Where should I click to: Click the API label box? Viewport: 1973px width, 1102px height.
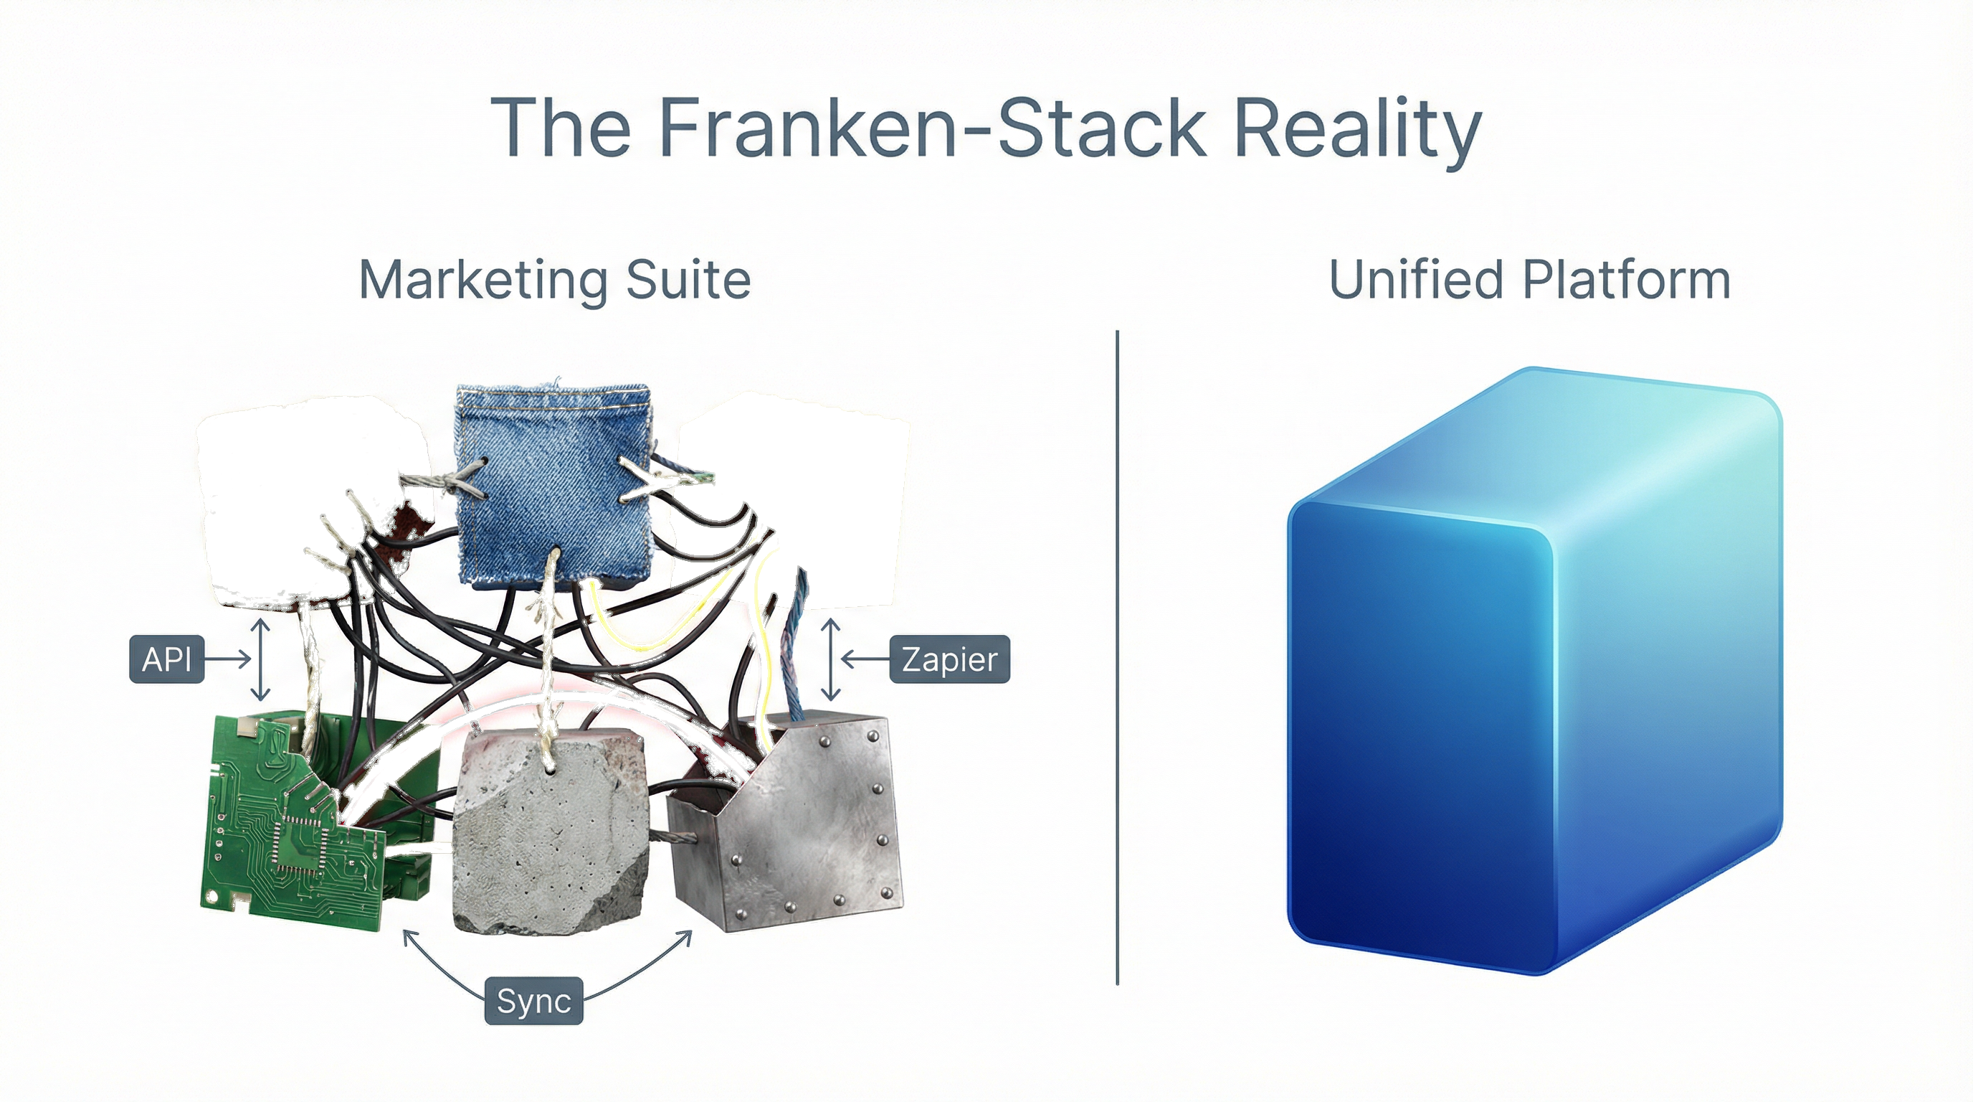pyautogui.click(x=166, y=659)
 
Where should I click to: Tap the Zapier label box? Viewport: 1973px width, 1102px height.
pyautogui.click(x=949, y=659)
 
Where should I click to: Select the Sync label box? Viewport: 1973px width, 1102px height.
pyautogui.click(x=534, y=1000)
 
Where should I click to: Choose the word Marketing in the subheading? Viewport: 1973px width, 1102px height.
pyautogui.click(x=482, y=281)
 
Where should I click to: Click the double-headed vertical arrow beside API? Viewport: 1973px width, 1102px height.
pyautogui.click(x=260, y=659)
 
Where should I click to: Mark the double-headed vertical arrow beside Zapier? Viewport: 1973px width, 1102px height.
pyautogui.click(x=831, y=659)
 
